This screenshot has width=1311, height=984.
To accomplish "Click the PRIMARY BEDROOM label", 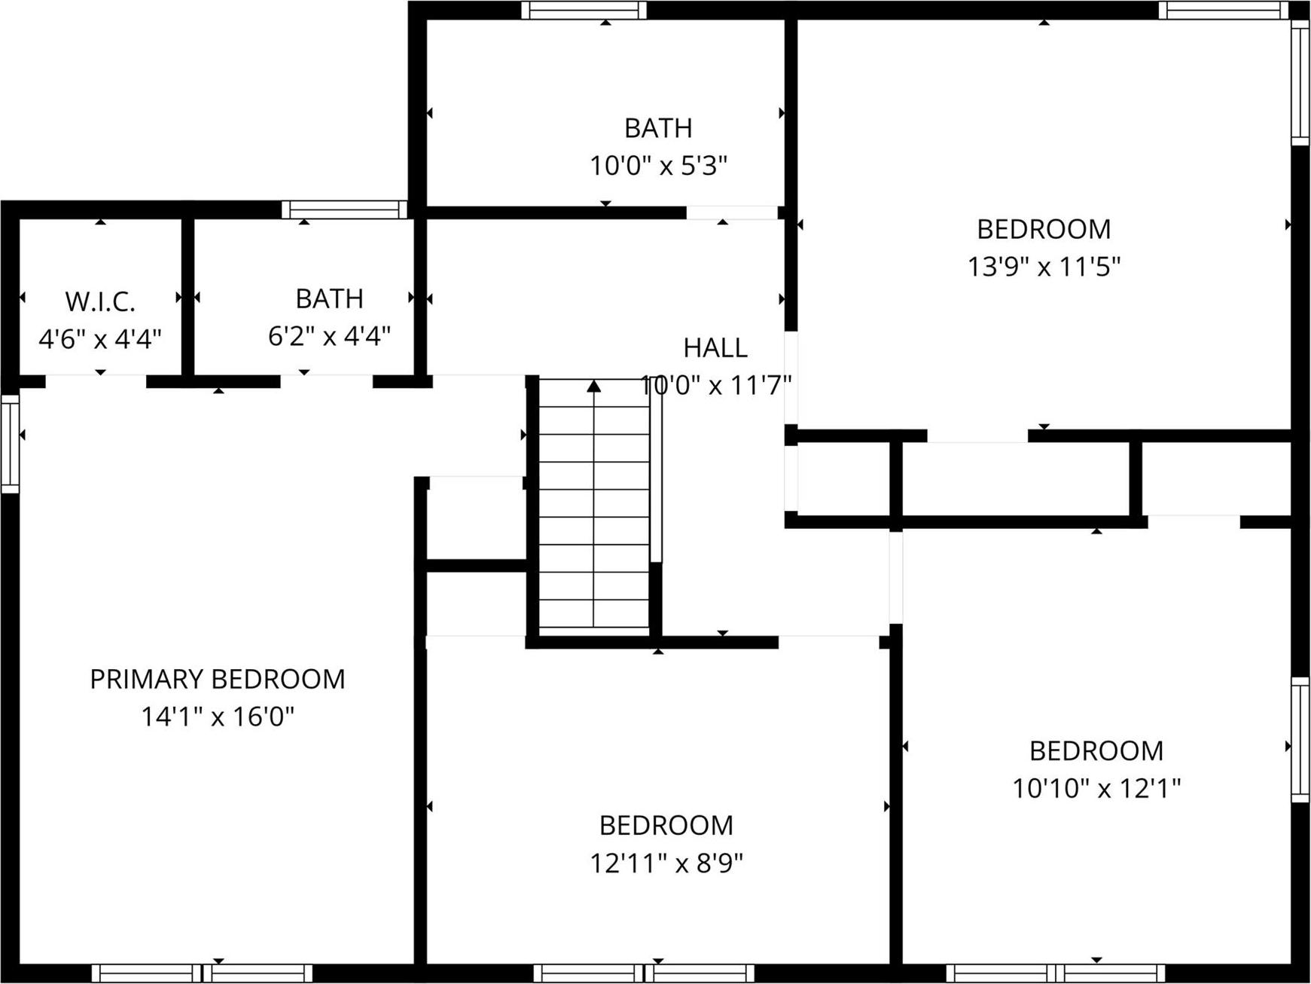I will click(217, 679).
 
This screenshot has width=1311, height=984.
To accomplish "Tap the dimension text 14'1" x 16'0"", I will click(217, 716).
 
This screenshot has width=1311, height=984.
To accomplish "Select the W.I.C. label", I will click(99, 301).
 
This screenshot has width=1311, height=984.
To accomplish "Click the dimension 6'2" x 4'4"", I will click(329, 335).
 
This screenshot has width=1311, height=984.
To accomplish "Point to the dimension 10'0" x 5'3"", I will click(658, 165).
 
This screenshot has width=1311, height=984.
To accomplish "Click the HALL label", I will click(715, 347).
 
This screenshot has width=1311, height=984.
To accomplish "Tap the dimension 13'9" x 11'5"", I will click(1044, 266).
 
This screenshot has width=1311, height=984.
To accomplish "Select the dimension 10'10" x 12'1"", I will click(1096, 788).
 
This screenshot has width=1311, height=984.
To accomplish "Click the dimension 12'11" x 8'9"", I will click(666, 863).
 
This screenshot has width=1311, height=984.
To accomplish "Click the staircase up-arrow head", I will click(594, 386).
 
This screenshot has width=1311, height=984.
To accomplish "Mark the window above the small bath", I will click(345, 209).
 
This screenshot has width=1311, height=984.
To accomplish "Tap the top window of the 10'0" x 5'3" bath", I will click(584, 11).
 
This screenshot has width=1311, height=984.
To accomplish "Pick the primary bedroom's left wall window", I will click(10, 444).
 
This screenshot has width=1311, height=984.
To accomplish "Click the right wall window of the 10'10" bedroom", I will click(1300, 739).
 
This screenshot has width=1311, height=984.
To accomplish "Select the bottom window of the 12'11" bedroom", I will click(644, 973).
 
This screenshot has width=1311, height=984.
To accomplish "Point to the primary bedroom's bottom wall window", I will click(202, 973).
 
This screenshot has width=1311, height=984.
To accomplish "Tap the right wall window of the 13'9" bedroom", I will click(1300, 81).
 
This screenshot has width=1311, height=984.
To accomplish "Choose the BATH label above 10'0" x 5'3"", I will click(658, 128).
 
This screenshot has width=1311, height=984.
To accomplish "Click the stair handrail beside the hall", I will click(656, 471).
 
